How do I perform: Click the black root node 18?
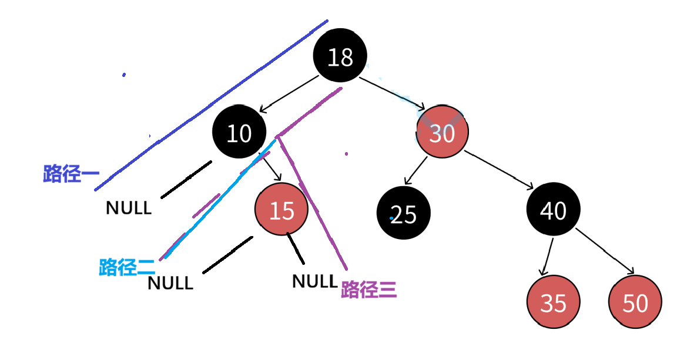pyautogui.click(x=340, y=57)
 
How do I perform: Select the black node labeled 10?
pyautogui.click(x=239, y=133)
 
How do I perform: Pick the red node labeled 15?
pyautogui.click(x=282, y=210)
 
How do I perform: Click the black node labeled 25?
pyautogui.click(x=404, y=214)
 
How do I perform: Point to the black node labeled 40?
pyautogui.click(x=553, y=210)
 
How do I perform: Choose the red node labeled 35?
pyautogui.click(x=553, y=302)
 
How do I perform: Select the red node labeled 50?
pyautogui.click(x=635, y=302)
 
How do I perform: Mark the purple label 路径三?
pyautogui.click(x=369, y=290)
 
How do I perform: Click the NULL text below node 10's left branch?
pyautogui.click(x=129, y=207)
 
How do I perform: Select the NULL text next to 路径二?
pyautogui.click(x=170, y=283)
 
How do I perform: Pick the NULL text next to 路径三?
pyautogui.click(x=315, y=281)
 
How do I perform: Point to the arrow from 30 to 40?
pyautogui.click(x=498, y=170)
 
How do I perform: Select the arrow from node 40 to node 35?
pyautogui.click(x=547, y=256)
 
